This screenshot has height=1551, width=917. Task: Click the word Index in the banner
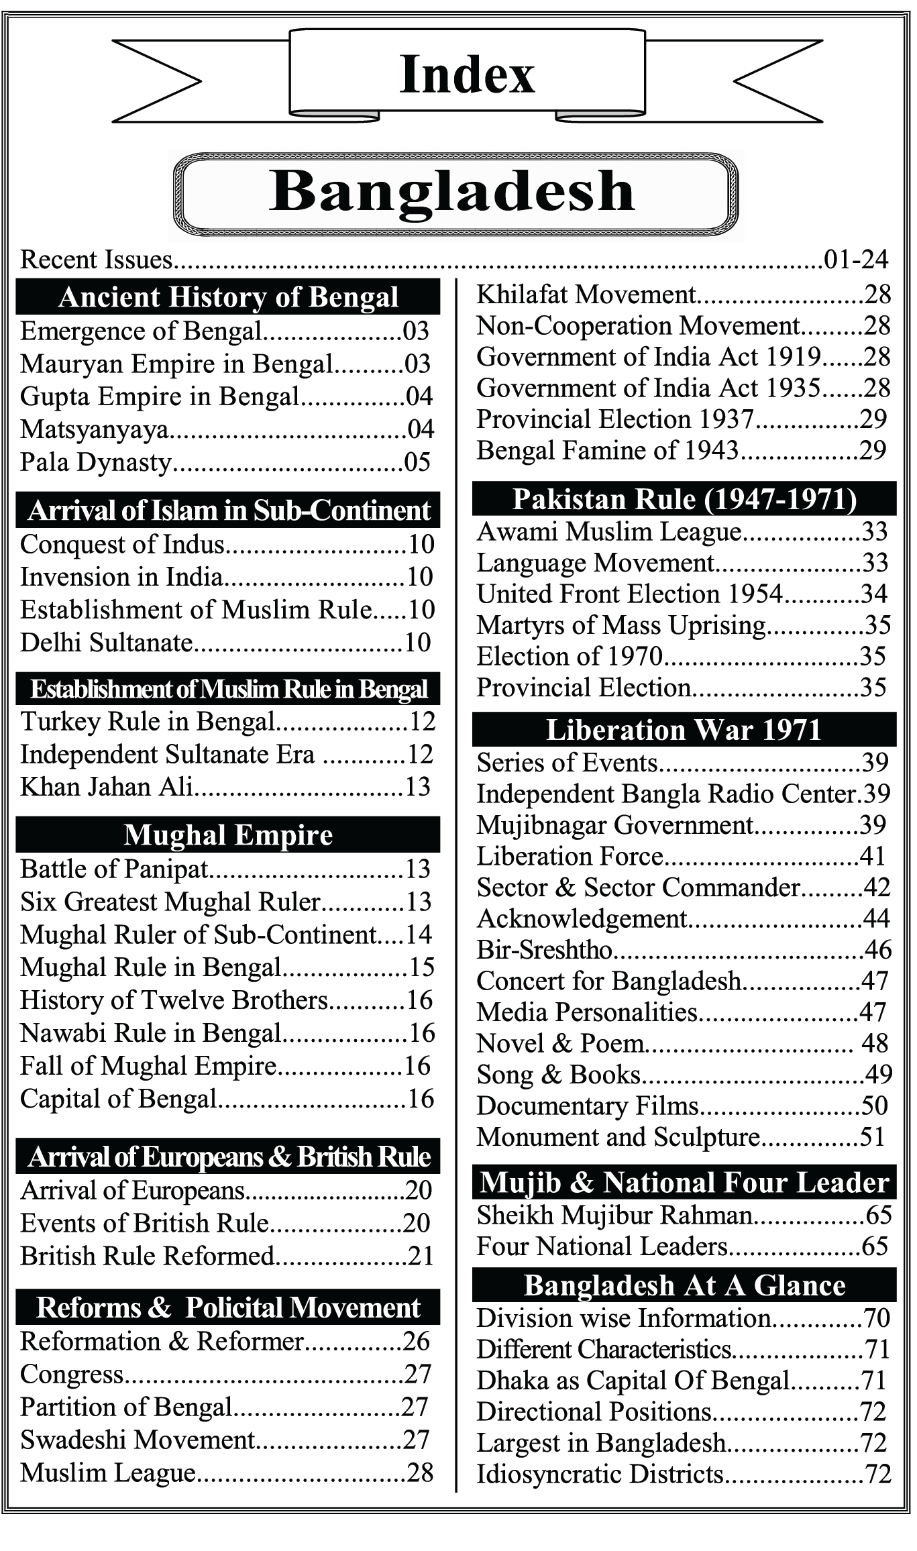pyautogui.click(x=467, y=74)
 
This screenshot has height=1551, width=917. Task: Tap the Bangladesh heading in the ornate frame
pyautogui.click(x=452, y=191)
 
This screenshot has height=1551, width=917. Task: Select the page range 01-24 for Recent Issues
pyautogui.click(x=856, y=259)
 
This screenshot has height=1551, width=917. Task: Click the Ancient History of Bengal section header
pyautogui.click(x=228, y=297)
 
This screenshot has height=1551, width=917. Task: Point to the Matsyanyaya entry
pyautogui.click(x=95, y=429)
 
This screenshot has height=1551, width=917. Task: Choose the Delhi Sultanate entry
pyautogui.click(x=107, y=643)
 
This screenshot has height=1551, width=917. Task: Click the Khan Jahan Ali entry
pyautogui.click(x=107, y=787)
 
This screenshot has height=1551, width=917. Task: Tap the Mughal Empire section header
pyautogui.click(x=228, y=835)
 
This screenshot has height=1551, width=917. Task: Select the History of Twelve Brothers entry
pyautogui.click(x=174, y=1000)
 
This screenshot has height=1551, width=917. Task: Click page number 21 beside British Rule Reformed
pyautogui.click(x=421, y=1256)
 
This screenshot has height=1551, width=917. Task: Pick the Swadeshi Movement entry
pyautogui.click(x=138, y=1440)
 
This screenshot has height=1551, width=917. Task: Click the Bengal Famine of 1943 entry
pyautogui.click(x=607, y=450)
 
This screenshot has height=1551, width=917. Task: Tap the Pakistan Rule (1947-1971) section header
pyautogui.click(x=684, y=499)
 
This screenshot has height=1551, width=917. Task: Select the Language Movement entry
pyautogui.click(x=595, y=563)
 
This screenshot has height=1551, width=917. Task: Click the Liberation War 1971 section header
pyautogui.click(x=684, y=730)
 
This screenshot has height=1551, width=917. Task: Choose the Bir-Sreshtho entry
pyautogui.click(x=544, y=950)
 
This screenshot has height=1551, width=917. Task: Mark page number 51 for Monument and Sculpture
pyautogui.click(x=873, y=1137)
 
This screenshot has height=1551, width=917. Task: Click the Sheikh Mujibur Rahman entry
pyautogui.click(x=614, y=1215)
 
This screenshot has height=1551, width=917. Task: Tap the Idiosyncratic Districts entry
pyautogui.click(x=600, y=1475)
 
